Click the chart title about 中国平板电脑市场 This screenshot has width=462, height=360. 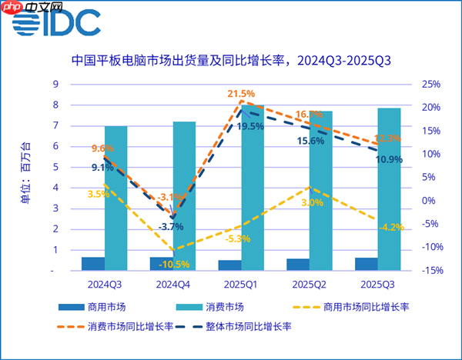point(230,60)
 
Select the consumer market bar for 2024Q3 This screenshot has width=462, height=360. point(115,198)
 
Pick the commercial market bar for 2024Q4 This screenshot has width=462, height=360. point(160,264)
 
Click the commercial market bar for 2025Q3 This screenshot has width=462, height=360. point(366,264)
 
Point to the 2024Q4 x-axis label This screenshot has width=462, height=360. point(172,284)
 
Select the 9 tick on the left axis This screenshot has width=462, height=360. point(54,84)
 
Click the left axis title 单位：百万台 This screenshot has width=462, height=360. point(26,177)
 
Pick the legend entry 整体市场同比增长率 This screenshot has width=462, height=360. point(251,326)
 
